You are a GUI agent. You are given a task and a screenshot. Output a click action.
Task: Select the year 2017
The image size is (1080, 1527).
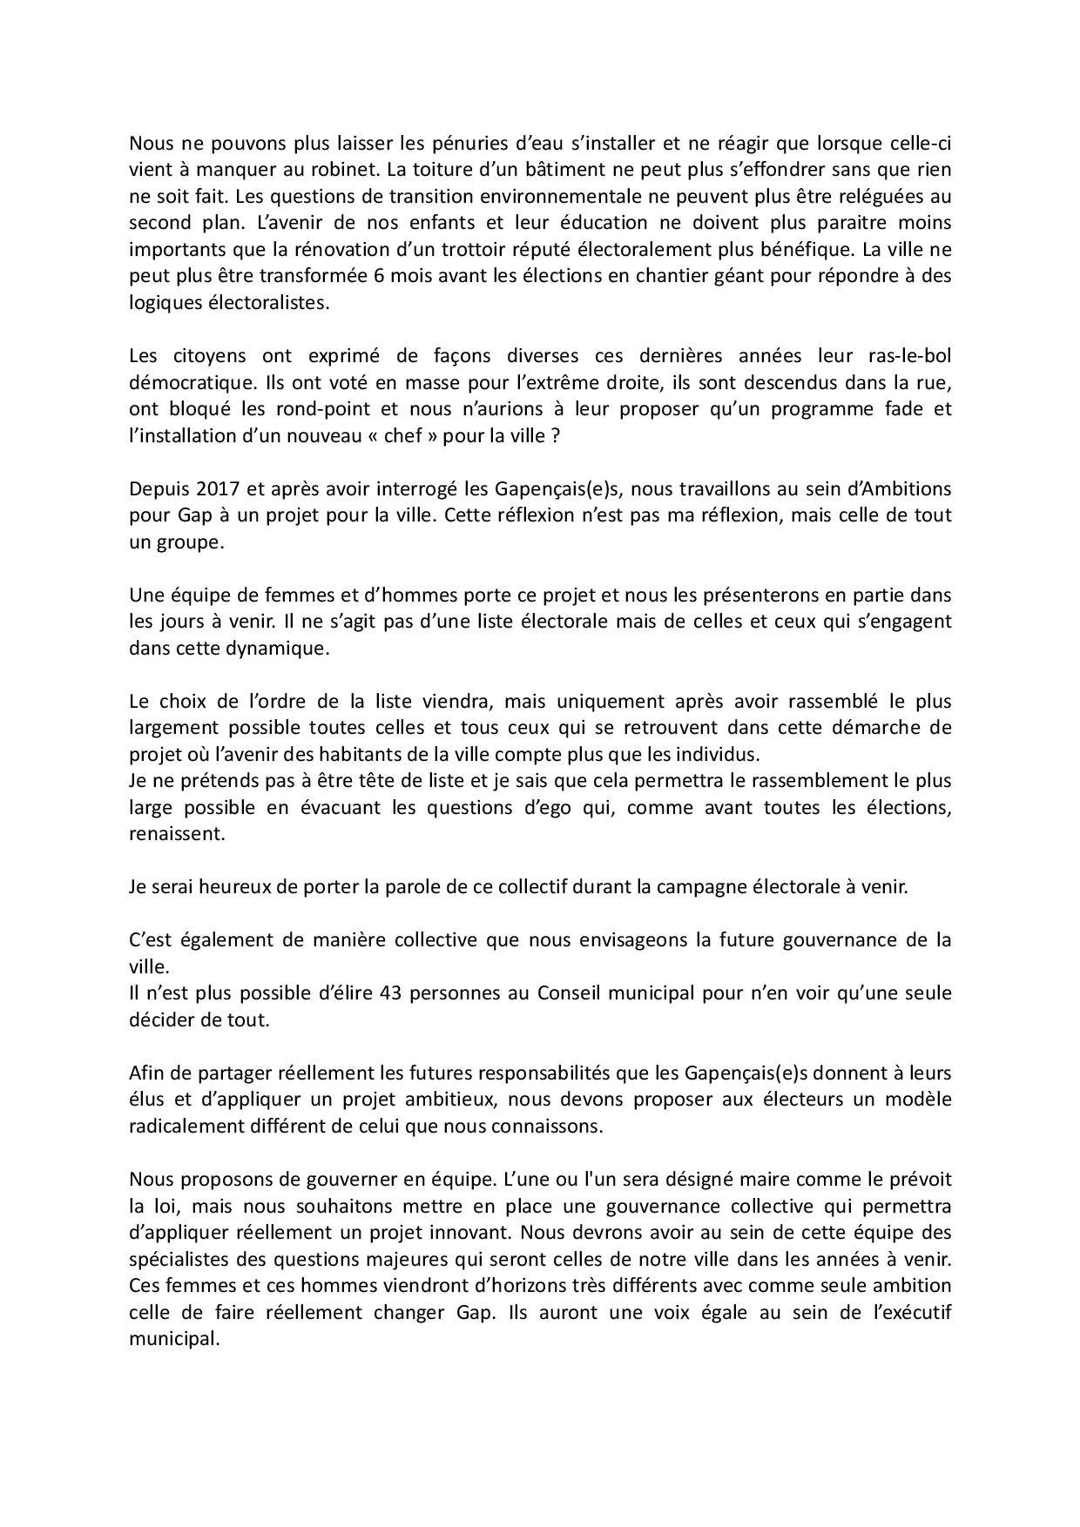click(x=207, y=488)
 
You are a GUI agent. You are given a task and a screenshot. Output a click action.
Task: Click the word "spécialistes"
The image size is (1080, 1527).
click(x=179, y=1259)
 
